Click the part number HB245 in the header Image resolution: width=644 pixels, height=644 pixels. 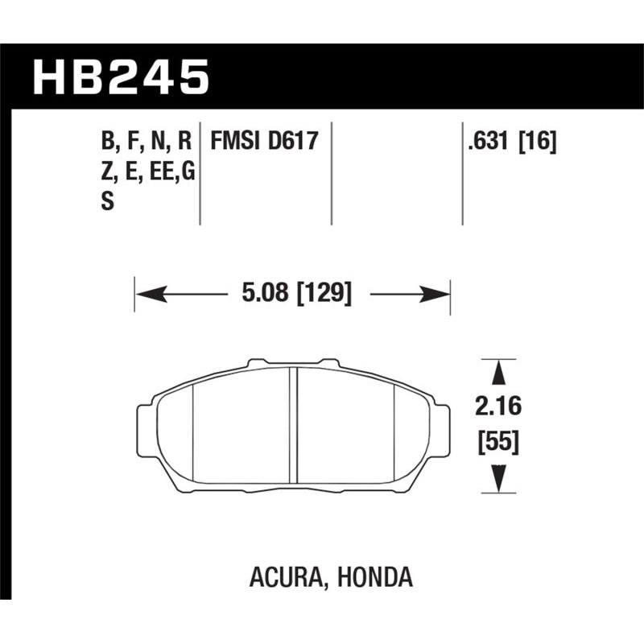[120, 77]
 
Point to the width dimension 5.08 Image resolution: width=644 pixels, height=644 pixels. [267, 295]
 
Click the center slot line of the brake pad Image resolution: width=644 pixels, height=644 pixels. [295, 427]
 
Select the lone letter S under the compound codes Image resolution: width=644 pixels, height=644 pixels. [106, 204]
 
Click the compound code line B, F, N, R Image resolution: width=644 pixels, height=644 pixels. [146, 143]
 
